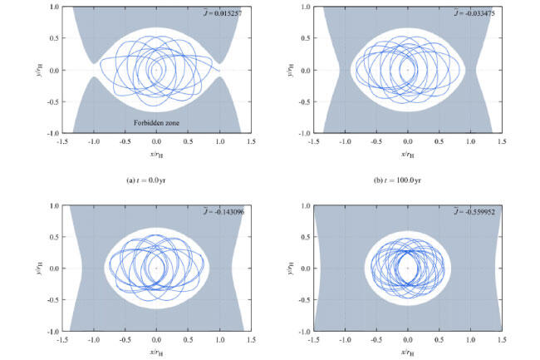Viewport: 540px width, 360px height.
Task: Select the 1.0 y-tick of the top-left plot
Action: click(x=52, y=7)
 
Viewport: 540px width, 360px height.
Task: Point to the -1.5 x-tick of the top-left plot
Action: click(x=62, y=142)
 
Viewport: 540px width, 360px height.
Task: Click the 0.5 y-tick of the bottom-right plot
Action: click(x=303, y=236)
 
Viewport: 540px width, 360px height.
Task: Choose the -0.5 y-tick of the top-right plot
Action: click(x=302, y=101)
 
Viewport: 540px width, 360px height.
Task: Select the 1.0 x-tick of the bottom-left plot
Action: click(x=219, y=340)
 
